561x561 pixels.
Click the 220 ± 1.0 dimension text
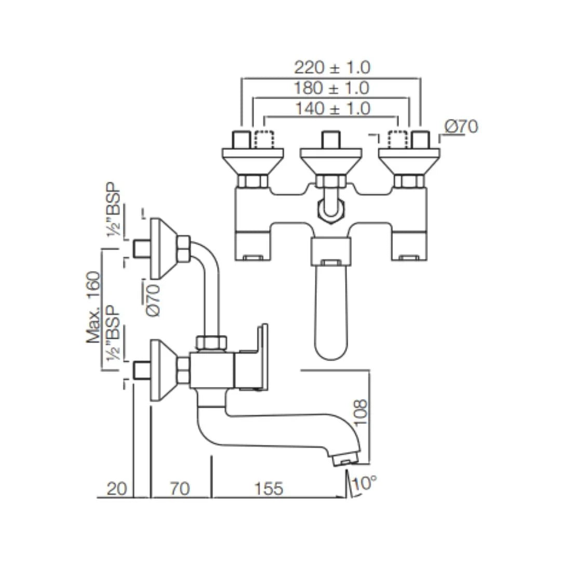[332, 67]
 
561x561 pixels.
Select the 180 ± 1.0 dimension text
[331, 88]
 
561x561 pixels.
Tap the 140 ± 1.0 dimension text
[333, 109]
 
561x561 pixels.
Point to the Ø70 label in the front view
[461, 126]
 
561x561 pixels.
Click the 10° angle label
[364, 484]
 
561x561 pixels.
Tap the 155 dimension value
[269, 489]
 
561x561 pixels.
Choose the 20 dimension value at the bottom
[117, 489]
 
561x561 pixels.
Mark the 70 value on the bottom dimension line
[180, 489]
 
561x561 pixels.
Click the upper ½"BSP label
[114, 210]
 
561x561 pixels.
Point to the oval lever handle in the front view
[330, 312]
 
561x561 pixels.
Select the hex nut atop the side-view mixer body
[211, 343]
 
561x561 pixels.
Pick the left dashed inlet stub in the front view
[264, 140]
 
